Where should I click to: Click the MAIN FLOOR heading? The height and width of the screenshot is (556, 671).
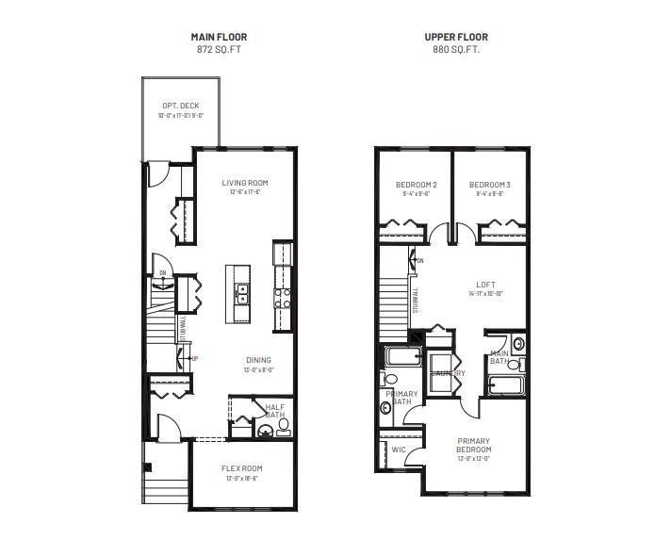pos(219,38)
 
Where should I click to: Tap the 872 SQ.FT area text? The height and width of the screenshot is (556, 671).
pos(219,49)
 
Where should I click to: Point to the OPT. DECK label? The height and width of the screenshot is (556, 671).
pos(180,106)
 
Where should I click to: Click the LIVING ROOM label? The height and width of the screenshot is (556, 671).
pos(245,183)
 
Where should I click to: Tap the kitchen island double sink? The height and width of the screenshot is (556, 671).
pos(241,294)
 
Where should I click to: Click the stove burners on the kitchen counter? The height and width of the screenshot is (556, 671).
pos(282,298)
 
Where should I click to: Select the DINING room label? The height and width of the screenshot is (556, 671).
pos(258,360)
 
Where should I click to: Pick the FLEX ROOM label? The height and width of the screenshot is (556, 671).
pos(242,468)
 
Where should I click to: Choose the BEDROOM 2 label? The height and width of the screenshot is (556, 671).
pos(416,185)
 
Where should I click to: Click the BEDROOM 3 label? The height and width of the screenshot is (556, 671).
pos(490,185)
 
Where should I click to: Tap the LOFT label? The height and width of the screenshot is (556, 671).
pos(485,284)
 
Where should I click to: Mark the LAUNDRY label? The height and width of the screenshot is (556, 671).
pos(448,373)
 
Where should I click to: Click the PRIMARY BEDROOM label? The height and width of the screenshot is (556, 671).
pos(474,445)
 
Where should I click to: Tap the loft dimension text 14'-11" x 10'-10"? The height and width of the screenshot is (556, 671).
pos(485,294)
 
